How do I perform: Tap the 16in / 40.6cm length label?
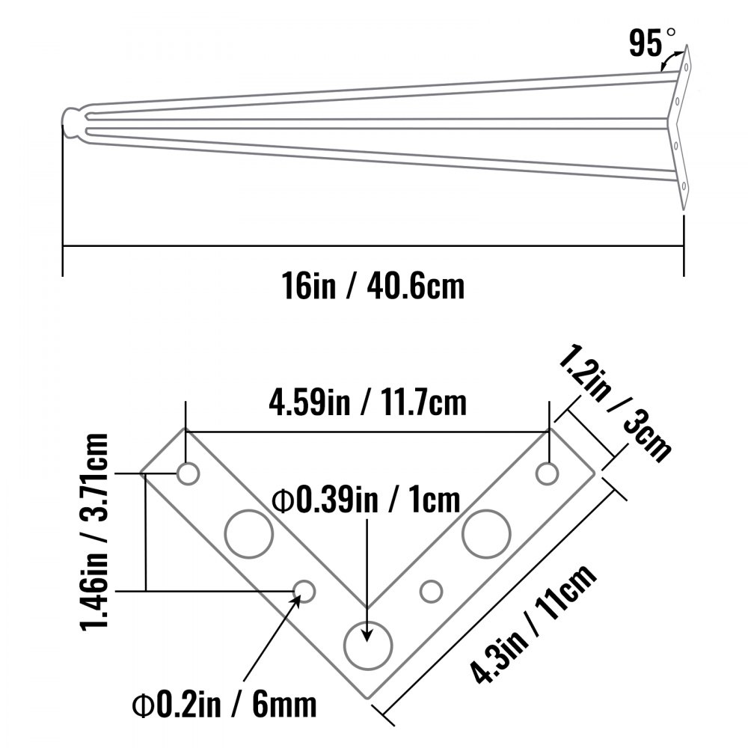tap(373, 286)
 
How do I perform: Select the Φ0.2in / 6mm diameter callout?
tap(224, 704)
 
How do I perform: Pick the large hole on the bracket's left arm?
tap(248, 534)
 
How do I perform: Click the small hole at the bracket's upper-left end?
tap(187, 473)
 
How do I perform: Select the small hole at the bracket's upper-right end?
tap(548, 473)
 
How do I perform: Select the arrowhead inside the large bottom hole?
tap(367, 633)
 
